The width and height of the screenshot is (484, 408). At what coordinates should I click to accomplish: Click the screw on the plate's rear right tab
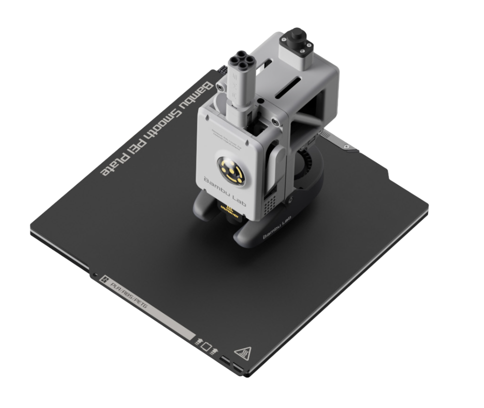coord(345,146)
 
